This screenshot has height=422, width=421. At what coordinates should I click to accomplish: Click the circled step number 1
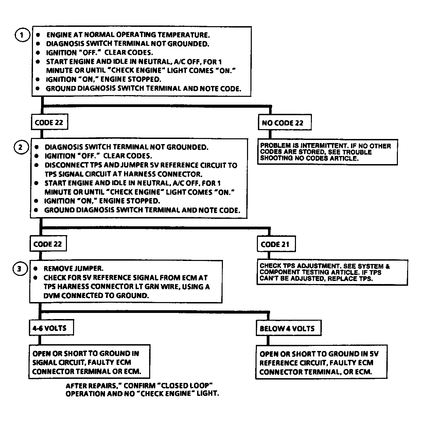click(22, 35)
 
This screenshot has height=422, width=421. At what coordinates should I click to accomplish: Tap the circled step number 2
click(21, 147)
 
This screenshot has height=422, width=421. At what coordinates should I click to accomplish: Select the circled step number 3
click(20, 269)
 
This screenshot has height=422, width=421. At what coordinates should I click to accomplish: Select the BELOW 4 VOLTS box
click(287, 329)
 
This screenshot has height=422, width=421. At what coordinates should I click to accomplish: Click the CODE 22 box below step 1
click(49, 123)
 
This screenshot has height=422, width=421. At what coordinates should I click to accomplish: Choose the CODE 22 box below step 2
click(48, 244)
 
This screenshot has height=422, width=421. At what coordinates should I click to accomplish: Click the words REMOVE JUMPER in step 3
click(73, 268)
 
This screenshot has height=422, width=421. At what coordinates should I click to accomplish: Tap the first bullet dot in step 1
click(38, 35)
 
